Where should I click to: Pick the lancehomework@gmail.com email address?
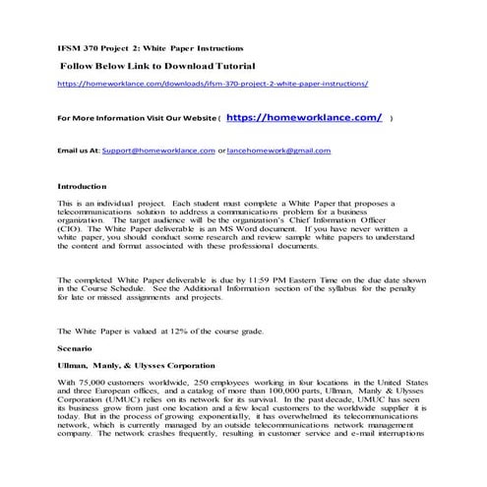point(280,151)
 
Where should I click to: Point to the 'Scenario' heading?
point(76,348)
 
